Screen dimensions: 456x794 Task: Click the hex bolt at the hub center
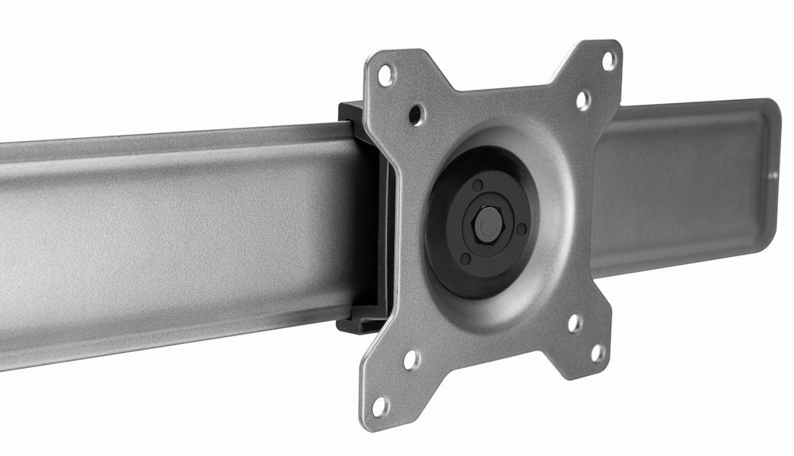(488, 225)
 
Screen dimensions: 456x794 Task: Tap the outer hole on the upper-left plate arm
(386, 76)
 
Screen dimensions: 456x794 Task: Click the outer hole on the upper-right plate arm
(608, 60)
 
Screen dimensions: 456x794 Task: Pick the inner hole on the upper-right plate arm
(583, 100)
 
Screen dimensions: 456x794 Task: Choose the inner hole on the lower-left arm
(411, 360)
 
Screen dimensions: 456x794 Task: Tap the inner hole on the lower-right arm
(573, 323)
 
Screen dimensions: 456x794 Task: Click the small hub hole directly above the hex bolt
(477, 186)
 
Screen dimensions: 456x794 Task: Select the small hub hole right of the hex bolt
(521, 228)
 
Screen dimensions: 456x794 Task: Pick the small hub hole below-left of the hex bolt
(465, 259)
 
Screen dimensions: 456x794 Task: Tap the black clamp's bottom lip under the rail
(353, 324)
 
